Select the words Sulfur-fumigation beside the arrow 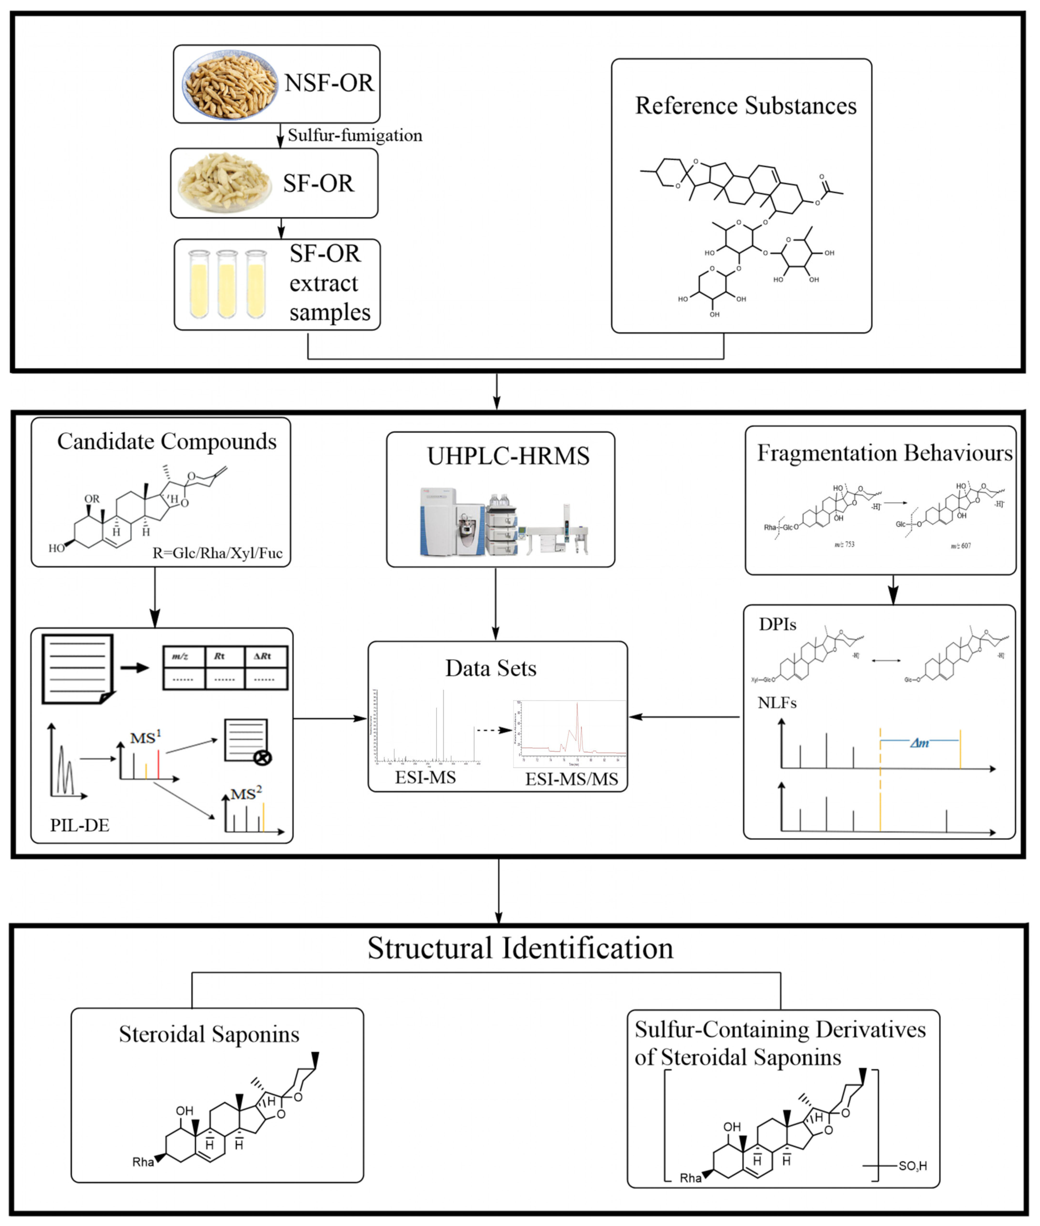click(355, 135)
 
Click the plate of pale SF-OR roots click(225, 183)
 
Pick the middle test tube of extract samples click(227, 284)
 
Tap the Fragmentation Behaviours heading click(884, 453)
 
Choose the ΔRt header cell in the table click(263, 656)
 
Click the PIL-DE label click(80, 825)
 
